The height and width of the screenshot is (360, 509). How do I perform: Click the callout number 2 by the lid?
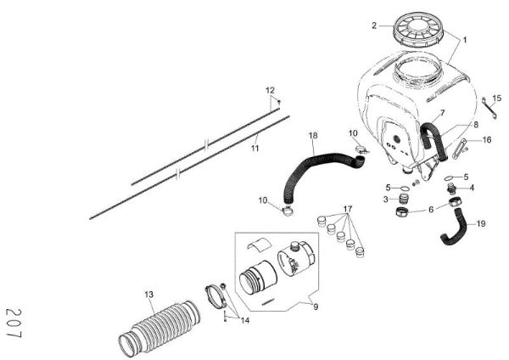click(x=373, y=25)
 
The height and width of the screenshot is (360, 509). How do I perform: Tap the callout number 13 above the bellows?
click(x=149, y=295)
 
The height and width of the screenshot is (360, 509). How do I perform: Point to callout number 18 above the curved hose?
click(x=313, y=136)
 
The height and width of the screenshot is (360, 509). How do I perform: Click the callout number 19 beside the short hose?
click(x=481, y=224)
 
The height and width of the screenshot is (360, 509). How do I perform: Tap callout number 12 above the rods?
click(x=271, y=90)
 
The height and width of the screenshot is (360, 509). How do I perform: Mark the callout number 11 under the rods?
click(x=254, y=148)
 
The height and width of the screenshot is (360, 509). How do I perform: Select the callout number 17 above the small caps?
click(x=347, y=209)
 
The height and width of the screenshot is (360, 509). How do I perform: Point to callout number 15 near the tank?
click(x=498, y=98)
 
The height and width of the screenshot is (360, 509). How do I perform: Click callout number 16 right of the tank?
click(x=488, y=140)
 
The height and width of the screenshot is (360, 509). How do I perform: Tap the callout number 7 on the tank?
click(x=442, y=113)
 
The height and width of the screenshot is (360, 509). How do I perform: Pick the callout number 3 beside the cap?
click(x=385, y=200)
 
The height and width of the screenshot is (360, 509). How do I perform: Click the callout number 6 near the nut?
click(x=431, y=209)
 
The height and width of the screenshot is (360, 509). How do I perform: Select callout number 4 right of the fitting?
click(x=472, y=188)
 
